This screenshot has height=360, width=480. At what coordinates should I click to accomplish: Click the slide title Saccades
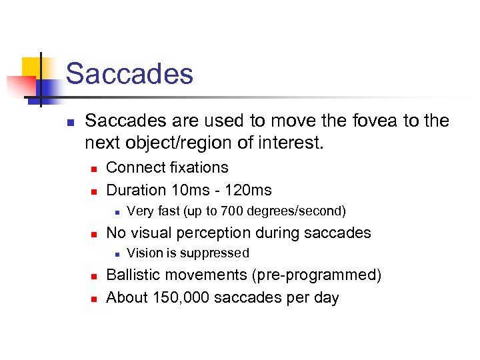[x=129, y=73]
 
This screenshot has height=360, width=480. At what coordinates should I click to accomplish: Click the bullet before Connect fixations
[x=94, y=168]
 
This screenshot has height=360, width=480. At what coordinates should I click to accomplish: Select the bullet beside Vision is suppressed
[x=115, y=254]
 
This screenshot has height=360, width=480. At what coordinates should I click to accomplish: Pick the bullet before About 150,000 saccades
[x=94, y=298]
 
